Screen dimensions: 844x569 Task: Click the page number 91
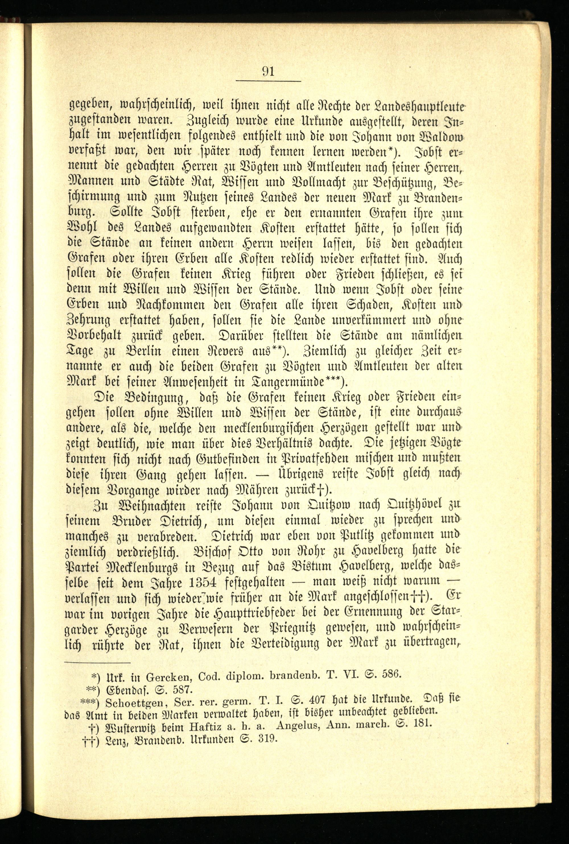[268, 71]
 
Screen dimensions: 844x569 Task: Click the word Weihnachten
[151, 505]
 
